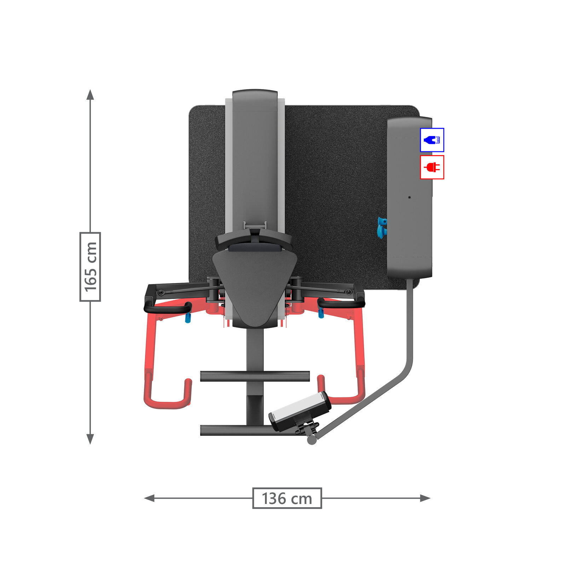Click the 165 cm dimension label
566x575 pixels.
(x=90, y=267)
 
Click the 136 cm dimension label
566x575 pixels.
(x=287, y=499)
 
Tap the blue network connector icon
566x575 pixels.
(x=432, y=140)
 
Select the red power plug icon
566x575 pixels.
(x=432, y=167)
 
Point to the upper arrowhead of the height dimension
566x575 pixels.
(x=90, y=94)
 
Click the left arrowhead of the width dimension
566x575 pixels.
(x=149, y=498)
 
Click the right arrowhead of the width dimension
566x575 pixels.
(x=425, y=498)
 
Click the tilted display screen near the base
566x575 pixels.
(x=300, y=411)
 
